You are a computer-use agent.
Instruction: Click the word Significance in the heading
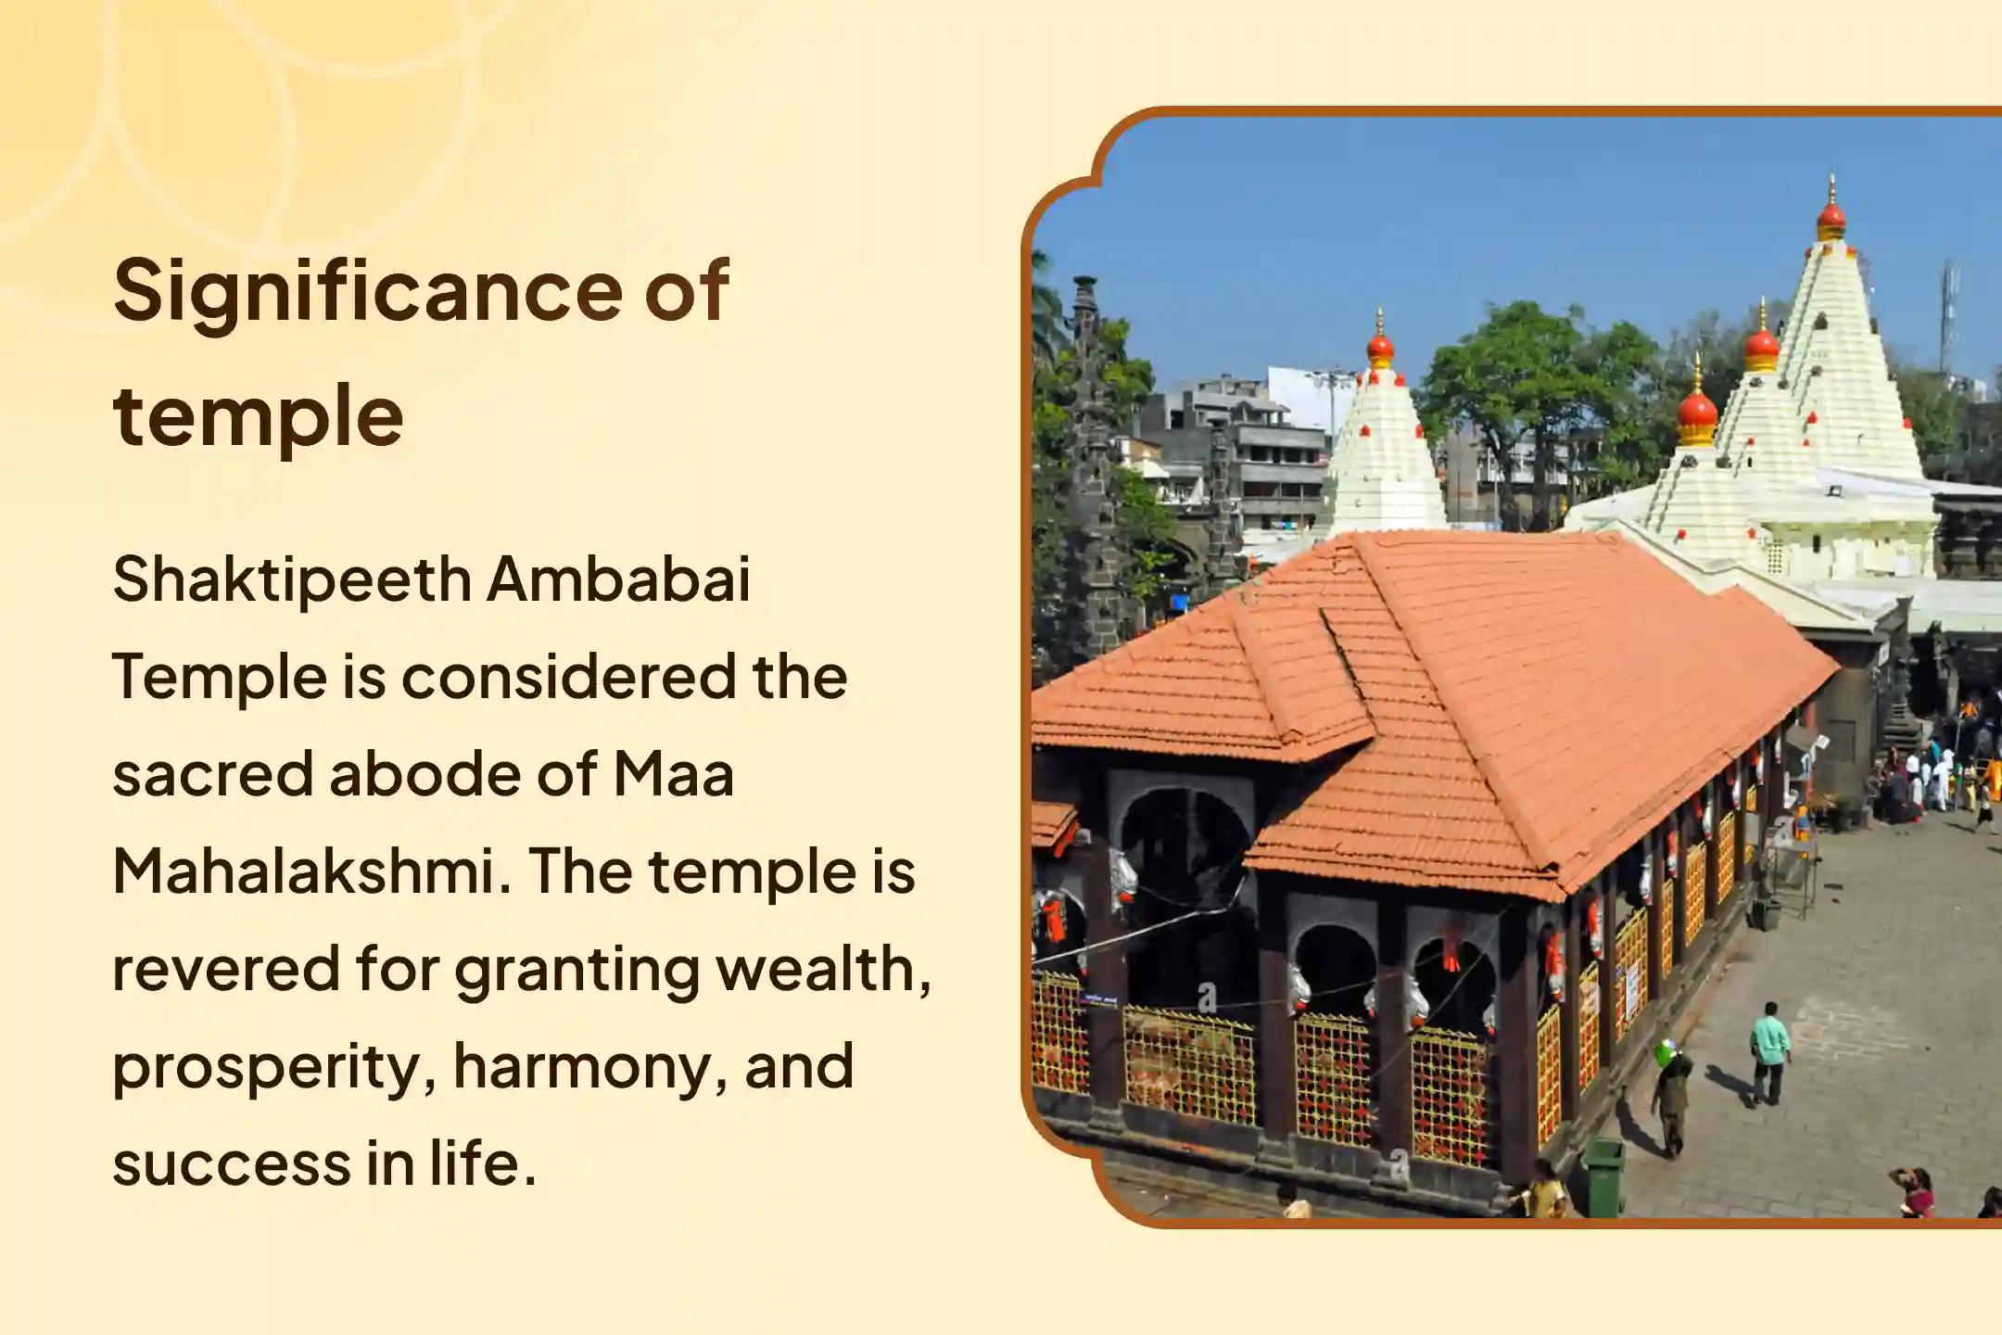point(370,292)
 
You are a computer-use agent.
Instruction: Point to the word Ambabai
point(619,578)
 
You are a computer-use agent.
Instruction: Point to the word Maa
point(674,774)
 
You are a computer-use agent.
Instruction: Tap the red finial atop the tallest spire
point(1831,219)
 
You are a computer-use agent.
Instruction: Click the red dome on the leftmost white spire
point(1380,348)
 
